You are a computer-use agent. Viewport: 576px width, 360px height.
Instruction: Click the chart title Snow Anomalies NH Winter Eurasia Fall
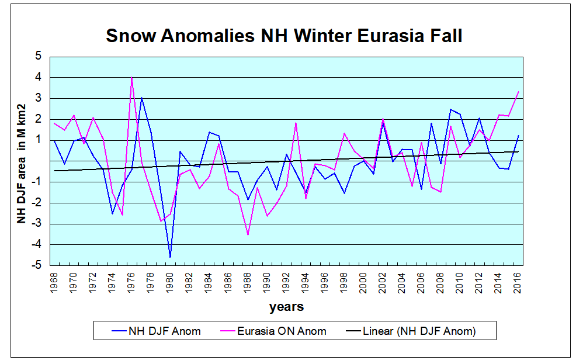(284, 36)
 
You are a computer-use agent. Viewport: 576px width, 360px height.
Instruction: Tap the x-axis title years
(286, 306)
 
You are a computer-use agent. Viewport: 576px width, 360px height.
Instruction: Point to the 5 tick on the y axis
(39, 57)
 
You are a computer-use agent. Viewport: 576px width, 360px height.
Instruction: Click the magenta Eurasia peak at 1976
(132, 77)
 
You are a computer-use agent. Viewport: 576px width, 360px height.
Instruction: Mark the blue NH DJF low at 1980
(171, 257)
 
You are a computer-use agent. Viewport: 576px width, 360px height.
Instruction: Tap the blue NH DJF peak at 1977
(141, 98)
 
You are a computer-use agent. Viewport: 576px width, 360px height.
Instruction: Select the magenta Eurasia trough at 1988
(248, 234)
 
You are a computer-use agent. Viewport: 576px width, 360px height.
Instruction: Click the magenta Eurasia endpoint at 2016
(518, 92)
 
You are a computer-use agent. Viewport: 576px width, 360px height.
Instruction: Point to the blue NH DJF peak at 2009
(450, 109)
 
